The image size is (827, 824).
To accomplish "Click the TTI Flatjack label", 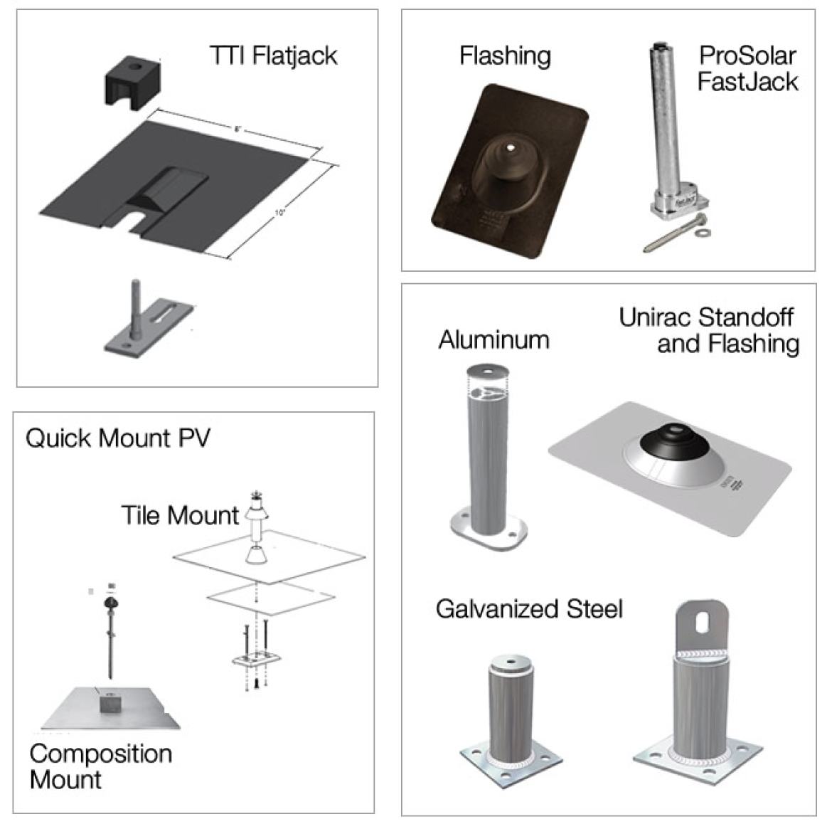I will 273,55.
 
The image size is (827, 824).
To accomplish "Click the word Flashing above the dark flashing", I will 505,55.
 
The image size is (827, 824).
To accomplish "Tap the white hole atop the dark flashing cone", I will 511,148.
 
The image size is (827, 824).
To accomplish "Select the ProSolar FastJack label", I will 747,68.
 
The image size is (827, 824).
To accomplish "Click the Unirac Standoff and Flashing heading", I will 709,330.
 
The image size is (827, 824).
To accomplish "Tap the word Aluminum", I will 493,339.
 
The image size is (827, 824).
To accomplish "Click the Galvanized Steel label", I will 529,609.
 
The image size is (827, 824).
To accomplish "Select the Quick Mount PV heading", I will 118,438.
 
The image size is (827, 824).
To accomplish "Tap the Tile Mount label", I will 180,514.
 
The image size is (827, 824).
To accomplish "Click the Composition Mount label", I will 100,766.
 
